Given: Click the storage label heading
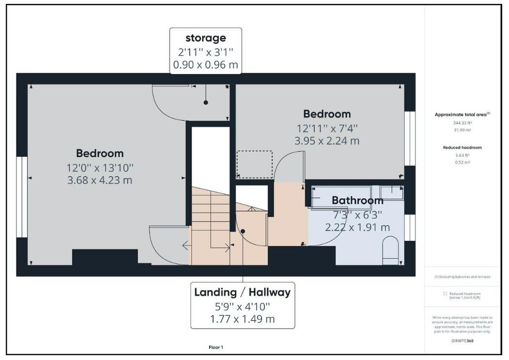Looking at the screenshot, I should tap(206, 38).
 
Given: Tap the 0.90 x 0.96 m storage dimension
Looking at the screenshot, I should tap(206, 65).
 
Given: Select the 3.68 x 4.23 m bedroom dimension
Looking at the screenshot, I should tap(99, 180).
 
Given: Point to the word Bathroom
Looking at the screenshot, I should tap(357, 201).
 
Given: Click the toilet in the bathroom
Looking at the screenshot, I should tap(390, 251).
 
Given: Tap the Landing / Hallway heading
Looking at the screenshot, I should tap(242, 292).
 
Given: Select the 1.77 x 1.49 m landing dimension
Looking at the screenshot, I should tap(242, 319).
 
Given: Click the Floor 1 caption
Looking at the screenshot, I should tap(215, 347).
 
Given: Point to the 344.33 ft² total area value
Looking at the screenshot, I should tap(462, 123).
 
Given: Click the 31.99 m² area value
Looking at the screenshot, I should tap(462, 130).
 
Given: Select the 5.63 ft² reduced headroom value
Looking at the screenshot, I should tap(462, 156).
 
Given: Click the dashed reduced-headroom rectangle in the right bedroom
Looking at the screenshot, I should tap(254, 164).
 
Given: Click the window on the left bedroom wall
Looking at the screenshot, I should tap(22, 197).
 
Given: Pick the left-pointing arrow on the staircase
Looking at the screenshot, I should tap(186, 246).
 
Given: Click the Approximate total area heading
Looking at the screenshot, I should tap(462, 114).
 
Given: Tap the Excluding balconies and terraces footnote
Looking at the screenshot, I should tap(462, 277).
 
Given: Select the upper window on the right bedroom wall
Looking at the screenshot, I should tap(410, 139).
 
